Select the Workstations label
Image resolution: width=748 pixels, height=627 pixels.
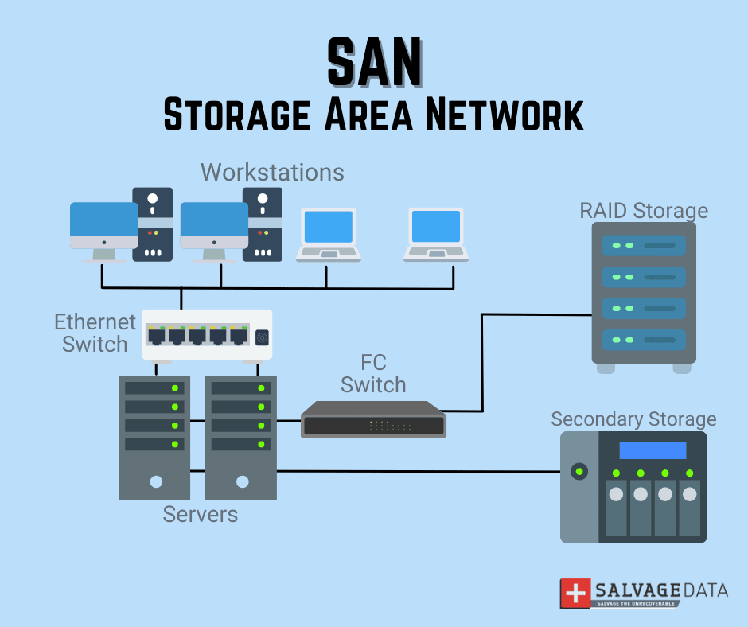(x=272, y=172)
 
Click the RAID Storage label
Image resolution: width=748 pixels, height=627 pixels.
(x=644, y=210)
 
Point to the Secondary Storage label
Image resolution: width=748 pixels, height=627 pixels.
(x=633, y=419)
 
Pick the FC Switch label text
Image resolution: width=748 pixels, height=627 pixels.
(x=373, y=374)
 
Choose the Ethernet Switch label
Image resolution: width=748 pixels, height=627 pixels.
(x=95, y=333)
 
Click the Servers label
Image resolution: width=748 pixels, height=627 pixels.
(x=201, y=514)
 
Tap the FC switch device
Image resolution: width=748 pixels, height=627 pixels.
(x=373, y=419)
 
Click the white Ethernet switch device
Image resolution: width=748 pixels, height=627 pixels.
(x=207, y=335)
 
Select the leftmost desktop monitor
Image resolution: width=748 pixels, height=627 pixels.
(x=103, y=226)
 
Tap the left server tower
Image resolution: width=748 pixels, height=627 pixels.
(x=155, y=437)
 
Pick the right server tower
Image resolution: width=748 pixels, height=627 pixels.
(x=241, y=437)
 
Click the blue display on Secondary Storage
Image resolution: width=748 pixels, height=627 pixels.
(x=653, y=450)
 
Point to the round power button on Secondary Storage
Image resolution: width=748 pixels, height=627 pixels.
(x=579, y=472)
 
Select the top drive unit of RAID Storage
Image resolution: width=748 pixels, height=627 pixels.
(x=644, y=244)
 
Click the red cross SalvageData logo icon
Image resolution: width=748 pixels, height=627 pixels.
(x=575, y=593)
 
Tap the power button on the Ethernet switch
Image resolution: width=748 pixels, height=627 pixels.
(x=262, y=337)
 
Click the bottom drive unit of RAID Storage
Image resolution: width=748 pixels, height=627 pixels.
(x=644, y=340)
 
